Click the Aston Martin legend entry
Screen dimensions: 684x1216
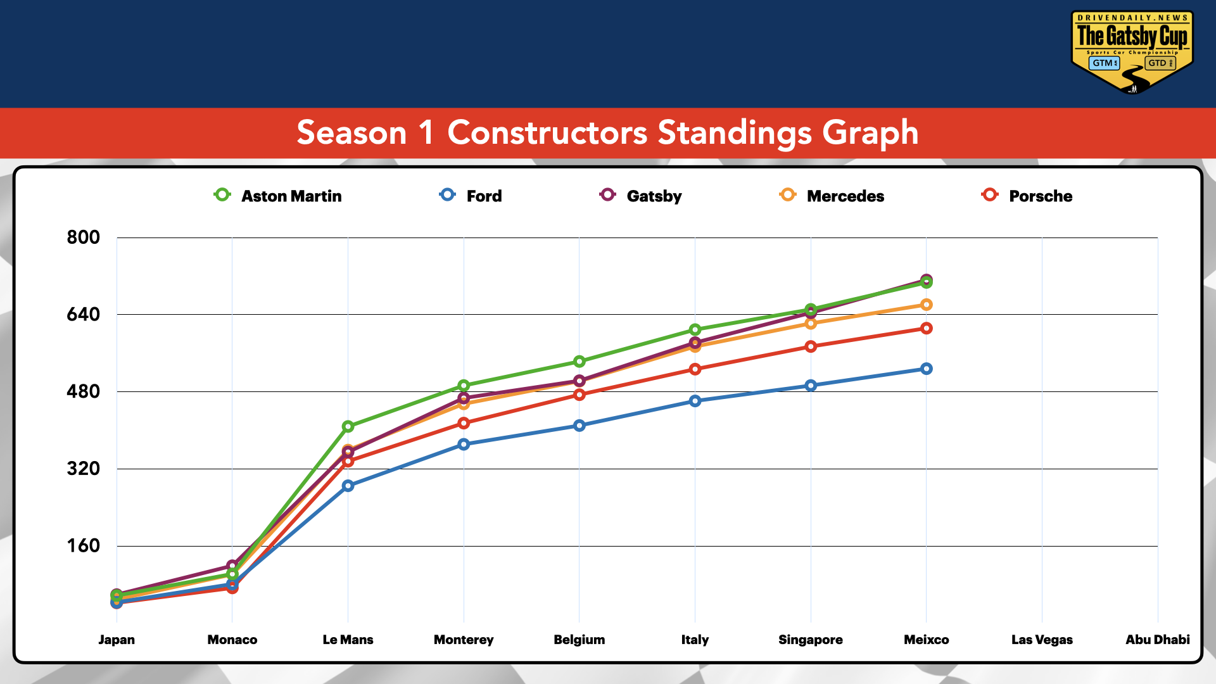(279, 196)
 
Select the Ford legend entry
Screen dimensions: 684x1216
(471, 196)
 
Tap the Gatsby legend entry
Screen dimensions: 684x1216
(641, 196)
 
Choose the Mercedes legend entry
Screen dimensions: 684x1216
(832, 196)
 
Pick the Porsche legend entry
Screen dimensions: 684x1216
(1027, 196)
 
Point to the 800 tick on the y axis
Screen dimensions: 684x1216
(84, 237)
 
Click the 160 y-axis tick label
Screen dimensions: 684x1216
(84, 546)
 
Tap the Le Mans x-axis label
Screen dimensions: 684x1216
(348, 640)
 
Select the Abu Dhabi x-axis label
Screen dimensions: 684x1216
(1157, 640)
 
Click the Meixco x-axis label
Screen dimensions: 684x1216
(926, 640)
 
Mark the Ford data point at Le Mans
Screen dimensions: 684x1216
(348, 486)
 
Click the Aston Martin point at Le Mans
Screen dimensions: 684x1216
(348, 427)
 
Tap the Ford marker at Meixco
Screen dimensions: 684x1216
(926, 369)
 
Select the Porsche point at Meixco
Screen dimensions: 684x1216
(926, 328)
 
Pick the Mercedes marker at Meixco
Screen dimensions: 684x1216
(926, 305)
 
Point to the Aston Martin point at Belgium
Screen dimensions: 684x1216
(579, 362)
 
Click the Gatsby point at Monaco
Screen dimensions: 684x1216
(232, 565)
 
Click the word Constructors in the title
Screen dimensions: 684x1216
(547, 133)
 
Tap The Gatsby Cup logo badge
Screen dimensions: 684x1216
(1132, 51)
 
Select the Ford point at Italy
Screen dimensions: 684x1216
(695, 401)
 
